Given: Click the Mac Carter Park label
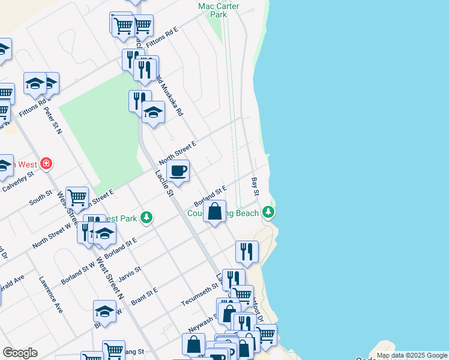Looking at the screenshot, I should [x=218, y=10].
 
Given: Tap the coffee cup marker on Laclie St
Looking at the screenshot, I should [x=177, y=171].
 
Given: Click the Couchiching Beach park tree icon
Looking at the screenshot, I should [x=268, y=212].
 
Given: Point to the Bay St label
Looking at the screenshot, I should [x=256, y=186].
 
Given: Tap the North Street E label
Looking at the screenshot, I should [x=178, y=153].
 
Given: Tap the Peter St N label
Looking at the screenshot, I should [x=53, y=119].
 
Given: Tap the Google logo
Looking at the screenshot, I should [x=20, y=353].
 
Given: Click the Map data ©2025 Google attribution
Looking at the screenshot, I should [x=412, y=355].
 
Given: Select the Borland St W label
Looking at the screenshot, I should [x=78, y=273].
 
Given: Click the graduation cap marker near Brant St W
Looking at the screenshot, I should [x=104, y=311].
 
